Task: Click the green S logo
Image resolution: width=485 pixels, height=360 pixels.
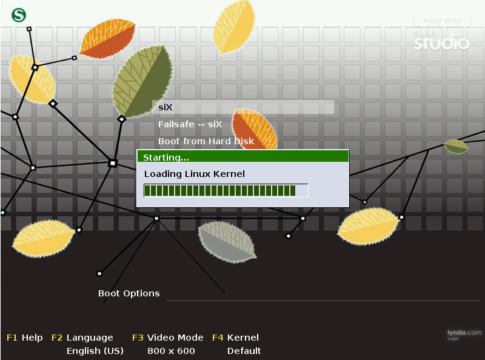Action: pyautogui.click(x=19, y=15)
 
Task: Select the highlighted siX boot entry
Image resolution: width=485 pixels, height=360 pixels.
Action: pyautogui.click(x=166, y=108)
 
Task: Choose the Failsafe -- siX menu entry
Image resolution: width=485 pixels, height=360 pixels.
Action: pyautogui.click(x=190, y=124)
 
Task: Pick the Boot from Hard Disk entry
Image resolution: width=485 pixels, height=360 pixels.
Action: pyautogui.click(x=206, y=141)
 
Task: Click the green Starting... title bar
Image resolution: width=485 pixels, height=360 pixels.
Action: pyautogui.click(x=242, y=157)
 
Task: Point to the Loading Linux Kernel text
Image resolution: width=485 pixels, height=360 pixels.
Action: pyautogui.click(x=194, y=174)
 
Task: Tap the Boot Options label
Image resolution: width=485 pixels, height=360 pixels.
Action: pyautogui.click(x=129, y=293)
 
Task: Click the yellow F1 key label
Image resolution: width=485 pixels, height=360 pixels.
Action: pyautogui.click(x=12, y=338)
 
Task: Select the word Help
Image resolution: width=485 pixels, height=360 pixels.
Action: pyautogui.click(x=32, y=338)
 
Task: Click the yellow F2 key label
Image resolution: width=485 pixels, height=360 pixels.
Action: pyautogui.click(x=57, y=338)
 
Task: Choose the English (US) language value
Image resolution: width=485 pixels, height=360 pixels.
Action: pyautogui.click(x=95, y=351)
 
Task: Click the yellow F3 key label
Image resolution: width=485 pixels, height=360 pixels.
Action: pyautogui.click(x=138, y=338)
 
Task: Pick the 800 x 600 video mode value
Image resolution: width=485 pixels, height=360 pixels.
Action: pyautogui.click(x=171, y=351)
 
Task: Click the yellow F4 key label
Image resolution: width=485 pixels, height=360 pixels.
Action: pyautogui.click(x=218, y=338)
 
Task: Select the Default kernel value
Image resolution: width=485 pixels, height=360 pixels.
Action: pyautogui.click(x=244, y=351)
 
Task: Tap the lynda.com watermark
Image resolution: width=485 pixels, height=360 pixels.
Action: pyautogui.click(x=464, y=333)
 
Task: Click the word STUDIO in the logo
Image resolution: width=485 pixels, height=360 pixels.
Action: pyautogui.click(x=442, y=44)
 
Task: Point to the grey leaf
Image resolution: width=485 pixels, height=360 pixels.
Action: pyautogui.click(x=227, y=241)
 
